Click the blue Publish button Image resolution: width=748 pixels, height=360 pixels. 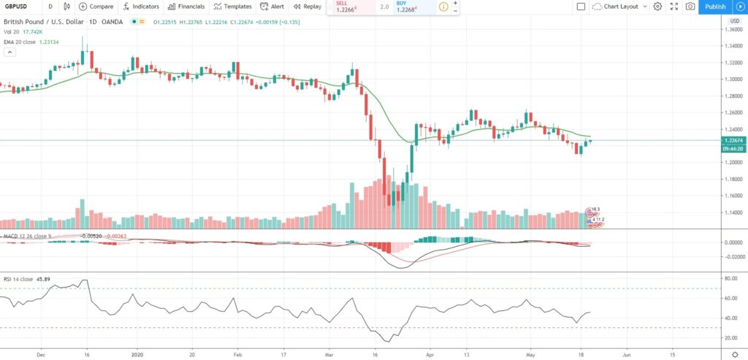(715, 7)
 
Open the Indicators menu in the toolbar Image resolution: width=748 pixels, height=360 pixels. (141, 7)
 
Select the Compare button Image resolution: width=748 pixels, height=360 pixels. (96, 7)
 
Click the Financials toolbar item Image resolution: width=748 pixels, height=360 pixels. (186, 7)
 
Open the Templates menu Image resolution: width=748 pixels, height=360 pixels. (232, 7)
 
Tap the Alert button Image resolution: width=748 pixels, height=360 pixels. (272, 7)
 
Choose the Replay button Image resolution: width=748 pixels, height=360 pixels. (307, 7)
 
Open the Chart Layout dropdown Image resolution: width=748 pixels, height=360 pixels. (617, 7)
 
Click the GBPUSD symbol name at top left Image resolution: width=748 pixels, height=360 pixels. (16, 7)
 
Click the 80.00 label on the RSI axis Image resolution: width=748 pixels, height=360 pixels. (730, 278)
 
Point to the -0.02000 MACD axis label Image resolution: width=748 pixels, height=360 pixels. (730, 256)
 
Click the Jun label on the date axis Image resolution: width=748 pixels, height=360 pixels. (626, 353)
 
